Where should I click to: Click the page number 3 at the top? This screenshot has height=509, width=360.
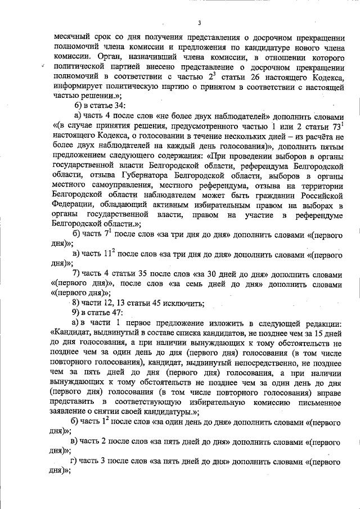point(200,22)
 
